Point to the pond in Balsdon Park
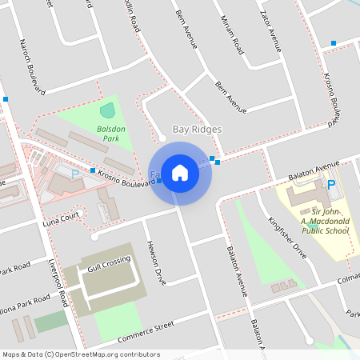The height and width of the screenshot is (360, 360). pos(107,111)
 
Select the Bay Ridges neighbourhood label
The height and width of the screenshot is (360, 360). pos(197,129)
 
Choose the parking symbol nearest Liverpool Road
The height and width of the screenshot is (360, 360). pos(75,174)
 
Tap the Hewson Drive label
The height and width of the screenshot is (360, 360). pos(154,263)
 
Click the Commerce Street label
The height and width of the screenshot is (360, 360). pos(146,330)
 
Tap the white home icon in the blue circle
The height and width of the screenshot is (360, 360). pos(180,172)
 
